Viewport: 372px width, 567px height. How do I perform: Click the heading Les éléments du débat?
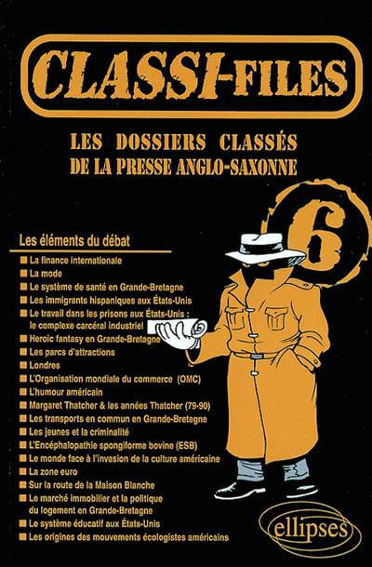pos(74,240)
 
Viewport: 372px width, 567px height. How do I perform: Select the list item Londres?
pos(45,365)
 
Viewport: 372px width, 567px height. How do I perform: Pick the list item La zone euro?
pos(53,471)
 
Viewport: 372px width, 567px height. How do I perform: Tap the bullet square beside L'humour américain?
pos(23,392)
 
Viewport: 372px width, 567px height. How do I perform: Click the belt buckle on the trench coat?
pos(257,356)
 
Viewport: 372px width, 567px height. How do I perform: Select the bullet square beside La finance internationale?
pos(24,261)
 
